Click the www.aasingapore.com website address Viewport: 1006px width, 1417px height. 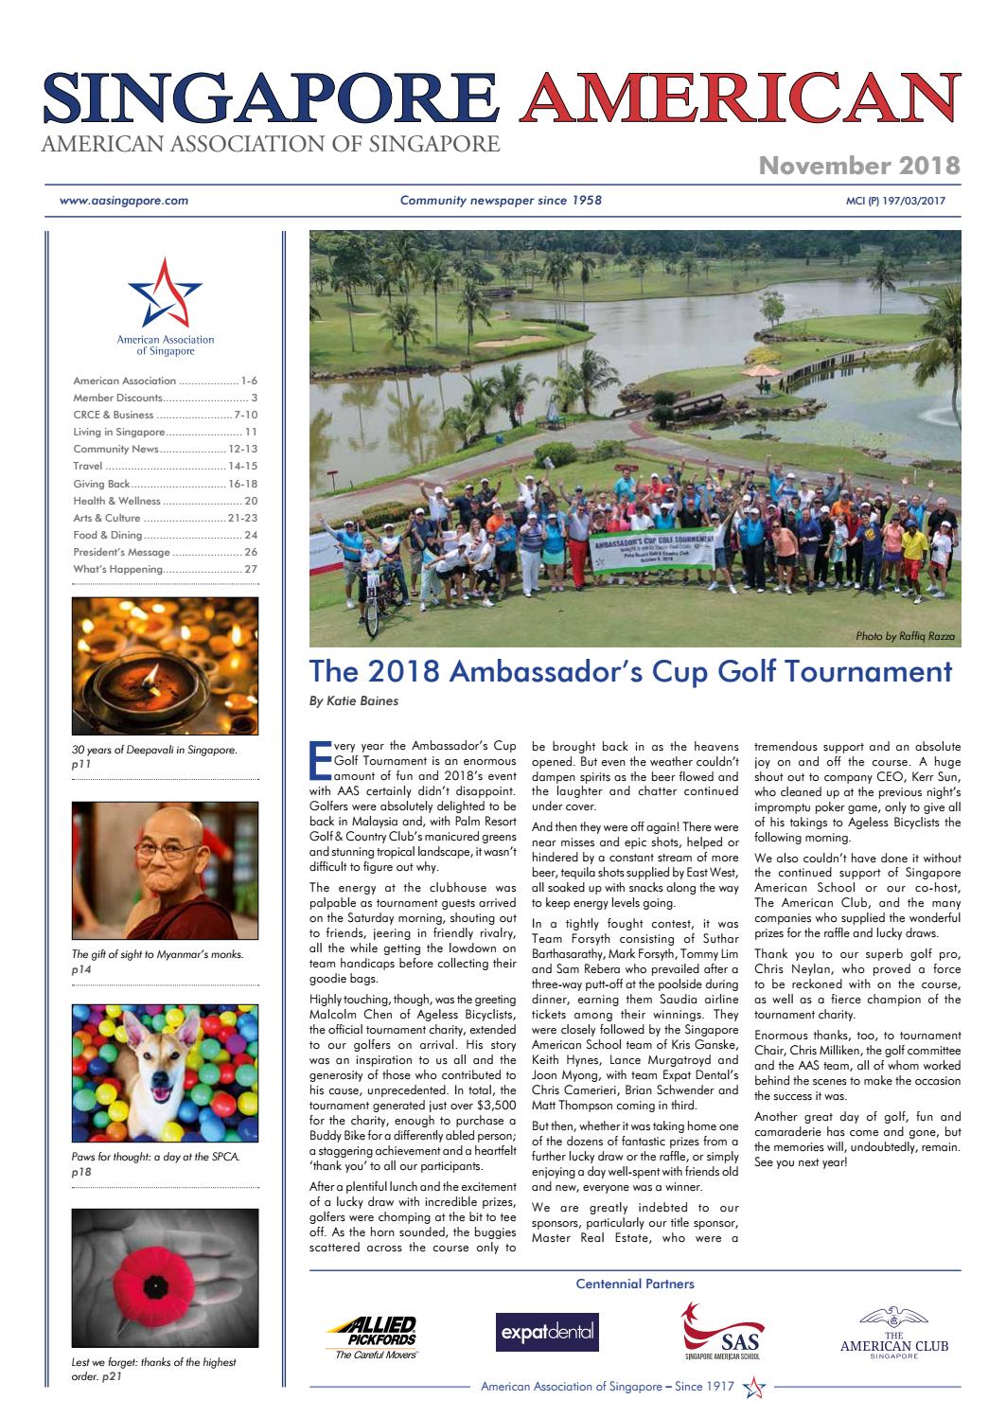click(124, 201)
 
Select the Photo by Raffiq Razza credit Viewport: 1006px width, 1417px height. click(905, 637)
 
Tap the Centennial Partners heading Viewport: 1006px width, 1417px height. click(635, 1284)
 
